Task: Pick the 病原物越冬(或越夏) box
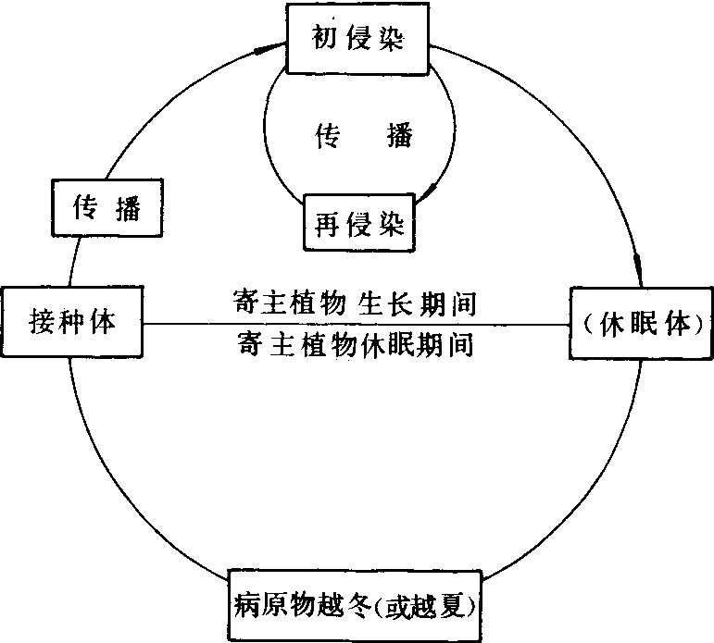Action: coord(356,607)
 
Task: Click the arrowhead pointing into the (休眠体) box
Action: coord(639,271)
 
